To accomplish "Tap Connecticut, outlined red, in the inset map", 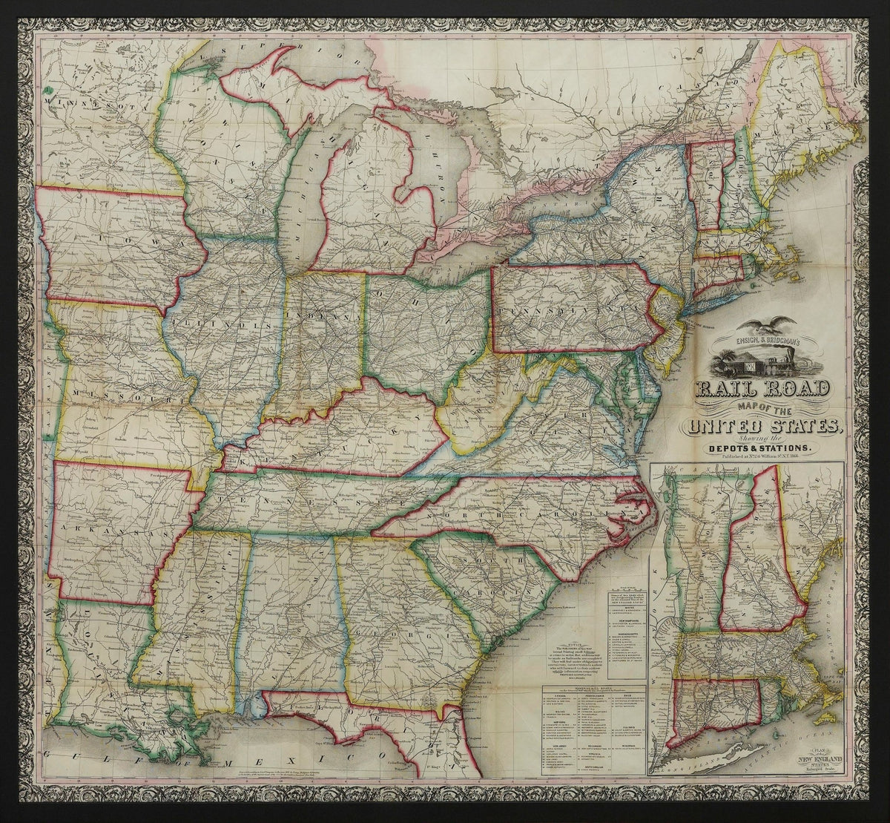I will click(716, 705).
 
